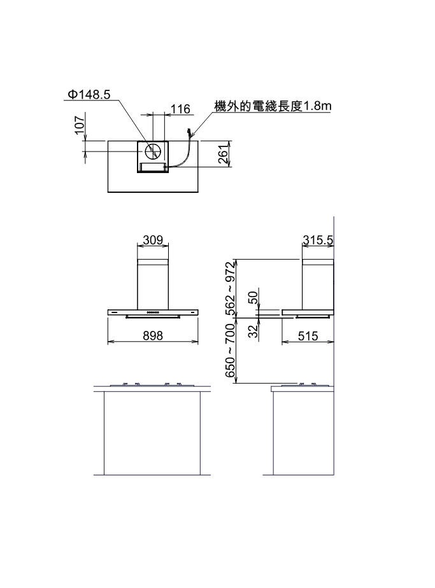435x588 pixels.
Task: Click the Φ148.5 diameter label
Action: pos(89,94)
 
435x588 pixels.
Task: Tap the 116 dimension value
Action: pos(180,109)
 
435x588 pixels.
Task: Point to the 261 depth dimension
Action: pos(224,154)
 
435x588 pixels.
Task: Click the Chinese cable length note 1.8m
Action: pos(273,106)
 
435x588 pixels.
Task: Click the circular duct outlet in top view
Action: pos(153,151)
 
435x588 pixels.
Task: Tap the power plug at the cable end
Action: pos(189,133)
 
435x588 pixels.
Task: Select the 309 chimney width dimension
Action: pos(153,240)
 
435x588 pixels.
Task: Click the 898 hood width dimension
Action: pos(153,335)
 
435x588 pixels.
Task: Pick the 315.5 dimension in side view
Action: pos(318,240)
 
